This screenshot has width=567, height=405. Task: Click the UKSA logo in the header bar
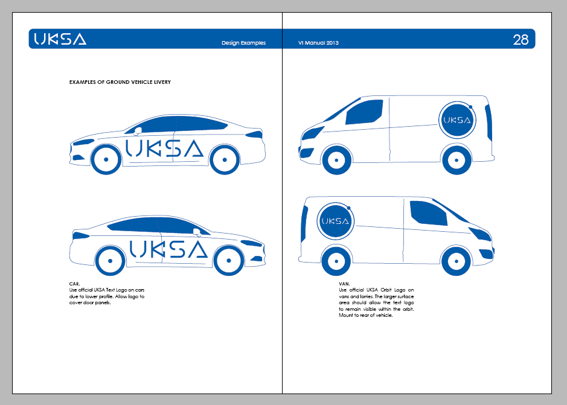coord(60,39)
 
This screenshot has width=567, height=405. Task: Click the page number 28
coord(521,40)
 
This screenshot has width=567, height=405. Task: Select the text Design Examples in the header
coord(243,43)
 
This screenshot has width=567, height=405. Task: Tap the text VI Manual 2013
coord(318,43)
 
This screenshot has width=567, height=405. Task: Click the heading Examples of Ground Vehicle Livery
coord(120,81)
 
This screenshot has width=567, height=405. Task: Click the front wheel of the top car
coord(106,159)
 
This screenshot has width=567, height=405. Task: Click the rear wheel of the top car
coord(224,159)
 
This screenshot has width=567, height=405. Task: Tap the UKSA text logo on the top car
coord(164,148)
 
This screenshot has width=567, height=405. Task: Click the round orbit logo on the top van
coord(457,120)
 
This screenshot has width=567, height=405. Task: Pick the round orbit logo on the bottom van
coord(336,221)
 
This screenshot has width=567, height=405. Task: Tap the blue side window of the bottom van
coord(428,212)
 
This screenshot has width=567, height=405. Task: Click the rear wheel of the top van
coord(457,160)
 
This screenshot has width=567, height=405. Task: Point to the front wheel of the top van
coord(336,160)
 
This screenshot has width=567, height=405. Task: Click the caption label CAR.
coord(75,282)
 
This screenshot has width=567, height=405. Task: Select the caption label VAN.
coord(345,282)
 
